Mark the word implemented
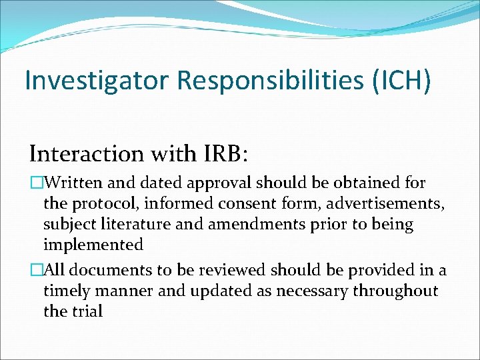click(93, 245)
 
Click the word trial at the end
click(87, 311)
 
